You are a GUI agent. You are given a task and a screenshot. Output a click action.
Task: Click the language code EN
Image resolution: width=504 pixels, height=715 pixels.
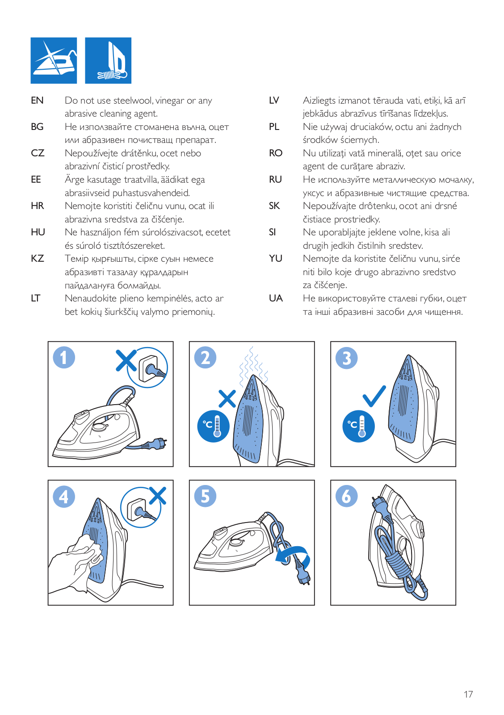tap(37, 100)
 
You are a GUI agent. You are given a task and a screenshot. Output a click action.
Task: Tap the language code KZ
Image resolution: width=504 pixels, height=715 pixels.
tap(38, 259)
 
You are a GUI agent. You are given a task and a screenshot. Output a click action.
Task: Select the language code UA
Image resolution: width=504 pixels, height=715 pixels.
tap(276, 298)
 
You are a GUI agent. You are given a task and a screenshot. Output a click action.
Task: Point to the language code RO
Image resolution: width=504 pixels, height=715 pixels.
tap(276, 153)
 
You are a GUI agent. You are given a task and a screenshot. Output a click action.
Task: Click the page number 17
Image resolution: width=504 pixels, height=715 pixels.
tap(468, 694)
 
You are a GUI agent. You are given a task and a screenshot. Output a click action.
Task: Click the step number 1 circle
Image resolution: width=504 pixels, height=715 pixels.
tap(64, 358)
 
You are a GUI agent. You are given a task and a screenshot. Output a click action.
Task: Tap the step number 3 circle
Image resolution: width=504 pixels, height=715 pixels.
tap(347, 358)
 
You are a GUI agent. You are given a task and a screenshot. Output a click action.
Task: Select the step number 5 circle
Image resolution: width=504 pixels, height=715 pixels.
tap(205, 496)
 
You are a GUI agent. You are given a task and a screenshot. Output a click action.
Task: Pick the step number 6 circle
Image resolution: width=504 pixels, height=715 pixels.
tap(347, 496)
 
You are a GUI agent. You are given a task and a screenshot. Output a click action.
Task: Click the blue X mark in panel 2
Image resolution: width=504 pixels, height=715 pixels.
tap(227, 398)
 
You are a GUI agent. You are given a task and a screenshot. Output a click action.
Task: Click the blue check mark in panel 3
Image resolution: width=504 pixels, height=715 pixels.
tap(374, 396)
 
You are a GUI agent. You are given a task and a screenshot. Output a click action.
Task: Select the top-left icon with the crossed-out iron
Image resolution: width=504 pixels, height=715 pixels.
tap(54, 61)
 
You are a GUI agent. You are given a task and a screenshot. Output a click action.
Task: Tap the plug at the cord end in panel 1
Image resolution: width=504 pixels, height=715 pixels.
tap(158, 443)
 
